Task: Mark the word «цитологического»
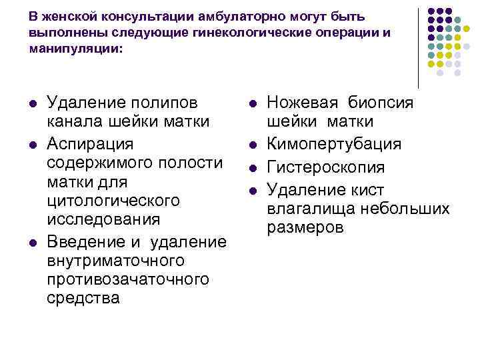[x=113, y=200]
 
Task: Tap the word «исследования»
[x=103, y=219]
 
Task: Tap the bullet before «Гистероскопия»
[x=252, y=167]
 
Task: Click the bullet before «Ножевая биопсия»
[x=252, y=103]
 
